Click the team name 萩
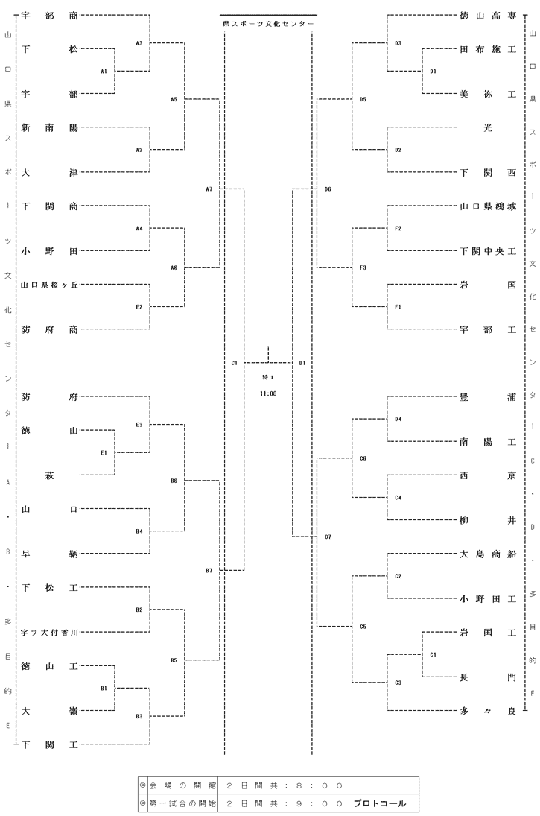49,475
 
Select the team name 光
487,127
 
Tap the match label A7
209,189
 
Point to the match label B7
209,571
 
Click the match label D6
328,189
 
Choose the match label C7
328,537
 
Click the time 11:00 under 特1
268,394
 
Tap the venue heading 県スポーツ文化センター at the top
268,24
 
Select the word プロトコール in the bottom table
380,803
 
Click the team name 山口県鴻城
487,206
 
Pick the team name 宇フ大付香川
49,633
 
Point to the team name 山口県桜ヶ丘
49,285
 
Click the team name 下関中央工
487,251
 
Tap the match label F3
363,268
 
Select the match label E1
104,453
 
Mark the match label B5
174,660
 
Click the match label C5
363,627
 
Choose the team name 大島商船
487,554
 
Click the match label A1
104,72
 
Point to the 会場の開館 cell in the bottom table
182,785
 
